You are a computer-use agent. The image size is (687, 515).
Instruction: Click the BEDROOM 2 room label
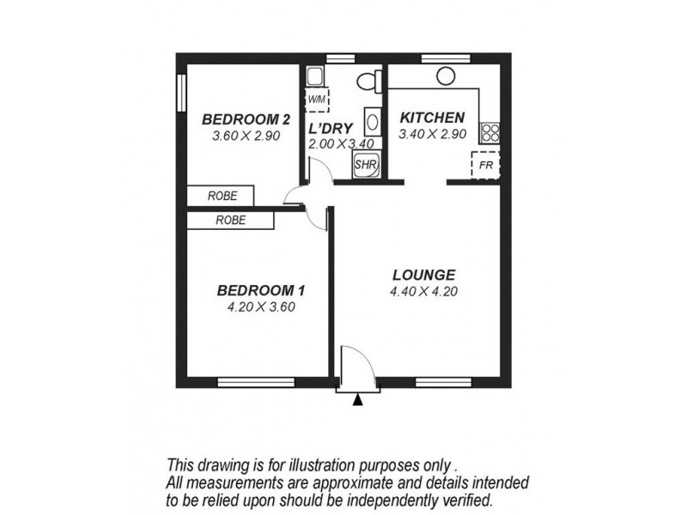click(x=246, y=118)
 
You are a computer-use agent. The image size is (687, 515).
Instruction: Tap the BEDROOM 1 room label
click(x=261, y=290)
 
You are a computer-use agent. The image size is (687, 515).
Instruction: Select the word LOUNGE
click(x=423, y=275)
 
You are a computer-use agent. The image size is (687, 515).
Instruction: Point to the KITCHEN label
click(x=433, y=118)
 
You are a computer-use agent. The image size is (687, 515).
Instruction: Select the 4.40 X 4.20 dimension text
click(x=423, y=291)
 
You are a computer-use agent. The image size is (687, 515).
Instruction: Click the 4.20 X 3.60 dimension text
click(x=261, y=306)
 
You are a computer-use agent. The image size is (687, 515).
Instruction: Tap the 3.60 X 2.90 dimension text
click(x=246, y=136)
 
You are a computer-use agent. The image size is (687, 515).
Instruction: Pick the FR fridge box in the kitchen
click(x=485, y=165)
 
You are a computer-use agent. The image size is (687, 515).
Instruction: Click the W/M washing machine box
click(x=317, y=99)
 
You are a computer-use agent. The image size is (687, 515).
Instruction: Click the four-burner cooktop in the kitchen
click(x=490, y=132)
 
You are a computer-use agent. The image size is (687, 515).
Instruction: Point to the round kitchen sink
click(x=445, y=76)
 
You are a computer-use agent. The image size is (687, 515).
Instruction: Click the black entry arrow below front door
click(x=358, y=398)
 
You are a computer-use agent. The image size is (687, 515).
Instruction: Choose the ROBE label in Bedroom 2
click(x=221, y=196)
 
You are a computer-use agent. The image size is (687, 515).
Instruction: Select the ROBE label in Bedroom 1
click(x=230, y=220)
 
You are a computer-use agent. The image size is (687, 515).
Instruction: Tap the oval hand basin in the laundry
click(x=370, y=120)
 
